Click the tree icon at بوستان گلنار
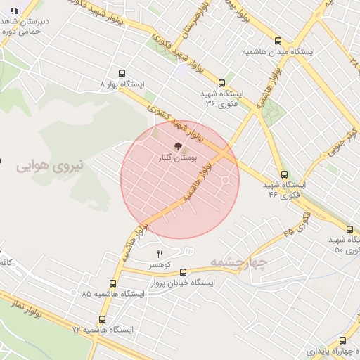pyautogui.click(x=178, y=148)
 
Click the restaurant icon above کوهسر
pyautogui.click(x=160, y=254)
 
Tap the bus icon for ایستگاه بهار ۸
pyautogui.click(x=123, y=72)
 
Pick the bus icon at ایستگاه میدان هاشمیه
pyautogui.click(x=278, y=41)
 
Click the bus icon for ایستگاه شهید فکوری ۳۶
pyautogui.click(x=222, y=82)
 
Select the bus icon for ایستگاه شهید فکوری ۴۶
pyautogui.click(x=284, y=174)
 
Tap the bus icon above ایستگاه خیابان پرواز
pyautogui.click(x=184, y=271)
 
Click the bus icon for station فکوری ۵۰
pyautogui.click(x=350, y=229)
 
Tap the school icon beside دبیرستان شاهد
pyautogui.click(x=14, y=11)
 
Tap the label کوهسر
pyautogui.click(x=160, y=265)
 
